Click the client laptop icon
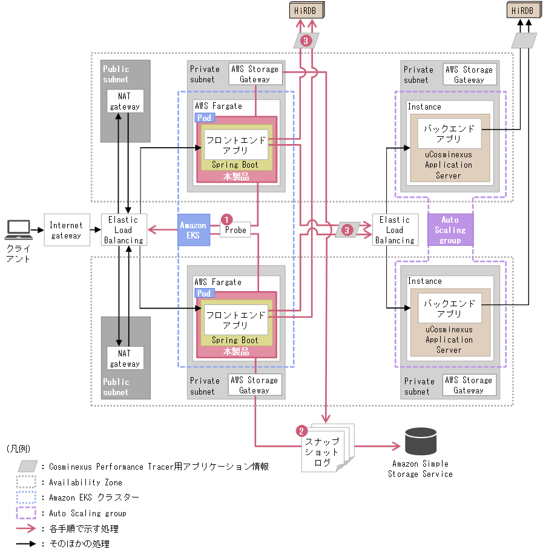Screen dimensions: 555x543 click(18, 230)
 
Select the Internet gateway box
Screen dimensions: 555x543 click(66, 230)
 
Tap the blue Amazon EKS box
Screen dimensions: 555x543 click(194, 230)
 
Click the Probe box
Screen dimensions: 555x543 click(235, 230)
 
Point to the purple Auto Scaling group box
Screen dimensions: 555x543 click(450, 230)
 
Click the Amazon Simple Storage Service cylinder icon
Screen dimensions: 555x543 click(420, 441)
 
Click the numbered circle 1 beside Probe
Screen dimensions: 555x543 click(226, 218)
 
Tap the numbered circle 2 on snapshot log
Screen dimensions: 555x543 click(301, 431)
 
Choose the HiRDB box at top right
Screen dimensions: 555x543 click(522, 10)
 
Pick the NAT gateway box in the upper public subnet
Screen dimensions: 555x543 click(125, 101)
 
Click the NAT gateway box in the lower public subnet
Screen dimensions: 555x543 click(125, 358)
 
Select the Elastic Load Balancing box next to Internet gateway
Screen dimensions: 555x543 click(123, 230)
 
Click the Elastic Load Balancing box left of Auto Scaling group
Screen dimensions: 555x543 click(394, 230)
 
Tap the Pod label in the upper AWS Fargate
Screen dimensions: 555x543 click(204, 117)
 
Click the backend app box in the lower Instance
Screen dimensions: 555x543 click(449, 309)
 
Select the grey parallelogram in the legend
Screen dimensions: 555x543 click(27, 466)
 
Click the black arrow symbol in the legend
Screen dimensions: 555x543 click(27, 544)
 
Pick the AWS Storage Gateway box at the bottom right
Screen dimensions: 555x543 click(469, 385)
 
